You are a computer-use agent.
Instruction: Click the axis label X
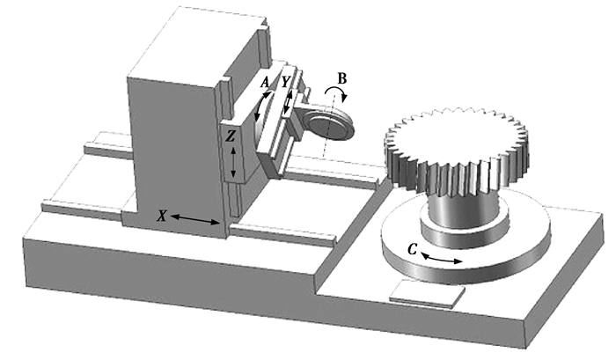[x=161, y=216]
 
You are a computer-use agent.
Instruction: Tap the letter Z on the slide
[x=231, y=136]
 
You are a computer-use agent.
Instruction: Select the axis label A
[x=265, y=83]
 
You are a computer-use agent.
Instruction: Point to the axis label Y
[x=286, y=82]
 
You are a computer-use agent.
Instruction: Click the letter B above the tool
[x=342, y=78]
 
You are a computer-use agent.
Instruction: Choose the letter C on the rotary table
[x=412, y=249]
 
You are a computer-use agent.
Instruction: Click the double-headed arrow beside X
[x=194, y=220]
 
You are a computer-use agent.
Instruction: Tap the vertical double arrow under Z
[x=233, y=162]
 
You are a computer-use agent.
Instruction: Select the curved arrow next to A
[x=261, y=107]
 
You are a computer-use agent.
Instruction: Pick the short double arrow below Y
[x=289, y=103]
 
